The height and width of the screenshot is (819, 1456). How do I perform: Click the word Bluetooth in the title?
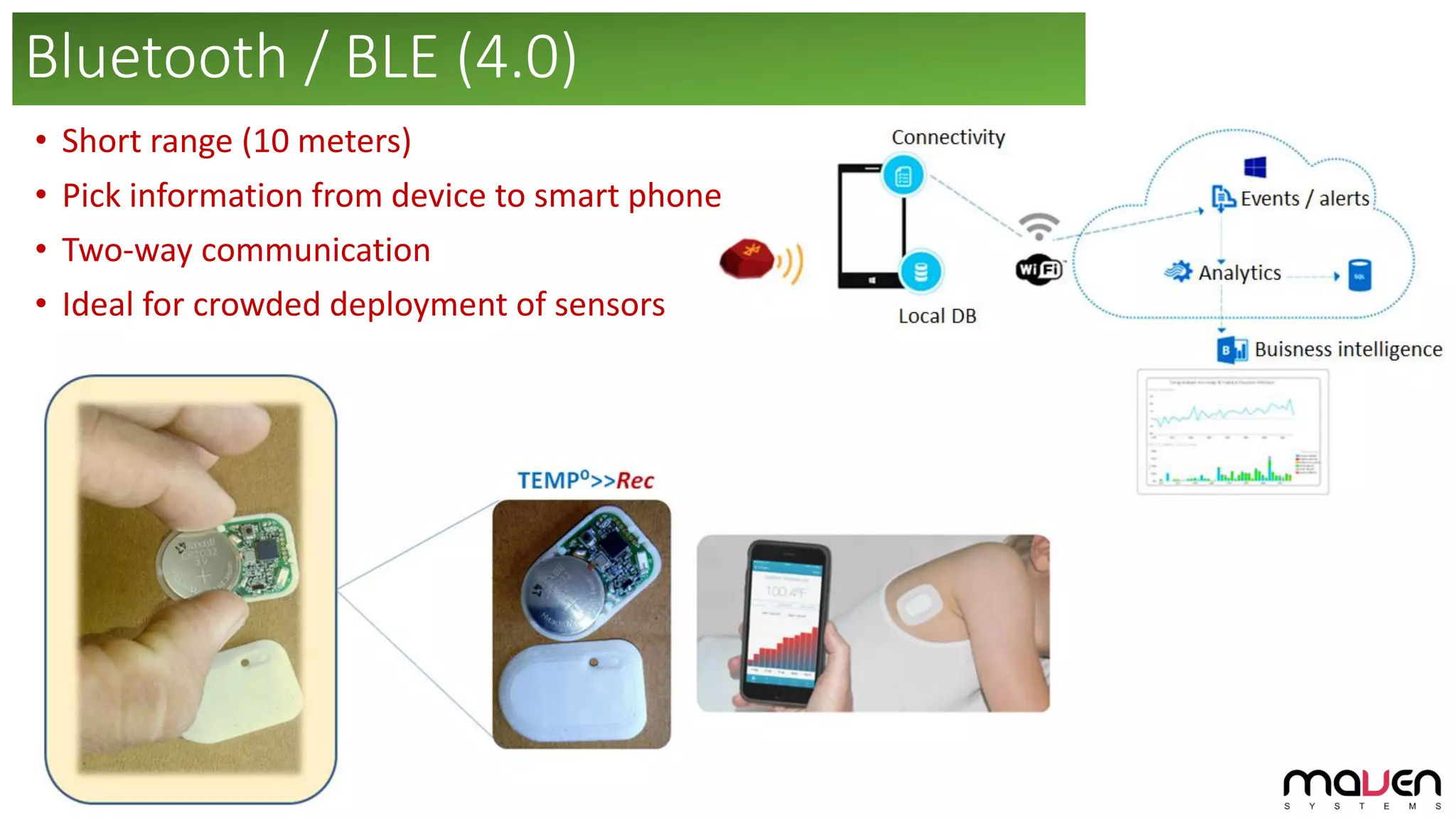coord(156,58)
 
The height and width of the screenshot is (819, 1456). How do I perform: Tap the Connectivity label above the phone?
coord(948,137)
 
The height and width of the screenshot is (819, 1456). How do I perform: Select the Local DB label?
coord(937,316)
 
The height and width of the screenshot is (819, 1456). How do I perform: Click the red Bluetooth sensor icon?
coord(746,259)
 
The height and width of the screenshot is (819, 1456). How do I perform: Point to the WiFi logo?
coord(1039,269)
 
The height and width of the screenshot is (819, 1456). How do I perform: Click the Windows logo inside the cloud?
coord(1255,168)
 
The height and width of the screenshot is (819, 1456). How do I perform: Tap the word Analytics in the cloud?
coord(1239,273)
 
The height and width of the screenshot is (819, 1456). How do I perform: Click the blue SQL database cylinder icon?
coord(1359,276)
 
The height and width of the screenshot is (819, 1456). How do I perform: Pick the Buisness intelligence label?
coord(1348,350)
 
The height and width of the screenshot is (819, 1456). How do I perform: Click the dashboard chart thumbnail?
coord(1233,432)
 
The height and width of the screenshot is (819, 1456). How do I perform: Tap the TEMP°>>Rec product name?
coord(585,481)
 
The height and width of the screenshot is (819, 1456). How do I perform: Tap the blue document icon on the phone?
coord(903,176)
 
